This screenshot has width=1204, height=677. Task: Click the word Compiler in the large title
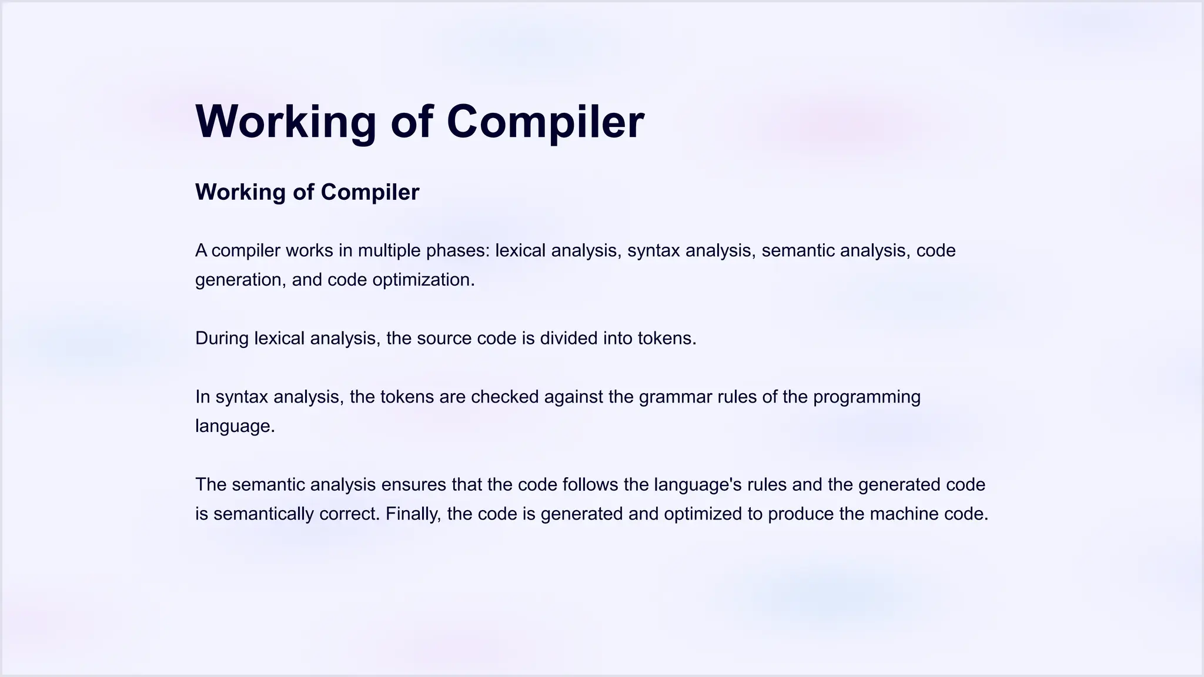tap(545, 122)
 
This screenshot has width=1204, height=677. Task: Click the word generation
tap(240, 280)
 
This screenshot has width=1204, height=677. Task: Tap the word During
tap(222, 338)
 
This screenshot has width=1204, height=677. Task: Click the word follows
tap(590, 485)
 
